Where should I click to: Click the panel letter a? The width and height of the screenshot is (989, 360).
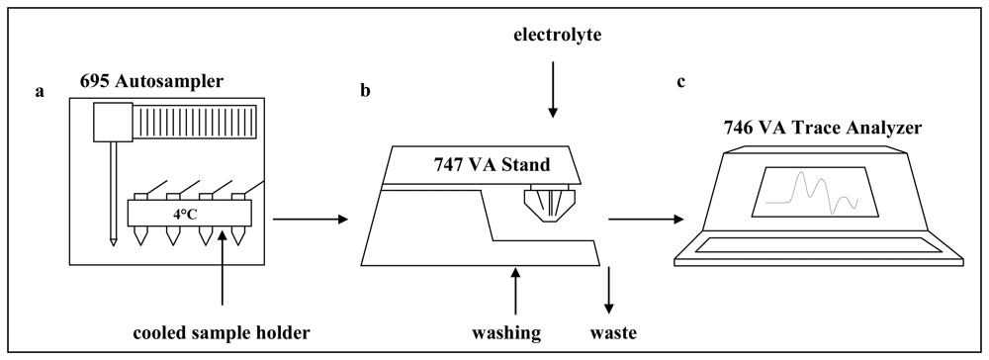coord(40,91)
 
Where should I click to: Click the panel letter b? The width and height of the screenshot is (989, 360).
coord(367,91)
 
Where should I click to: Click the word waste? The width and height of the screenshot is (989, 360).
coord(616,332)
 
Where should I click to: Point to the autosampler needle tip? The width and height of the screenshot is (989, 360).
coord(114,239)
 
